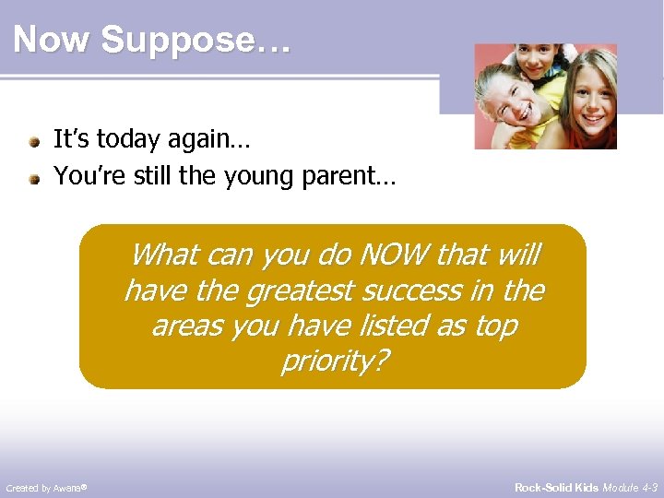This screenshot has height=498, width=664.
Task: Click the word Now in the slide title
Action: point(53,41)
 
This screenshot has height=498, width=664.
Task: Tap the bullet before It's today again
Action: point(34,143)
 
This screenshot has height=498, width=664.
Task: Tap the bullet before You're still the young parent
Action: point(34,177)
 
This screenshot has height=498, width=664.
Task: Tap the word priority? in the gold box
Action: point(333,362)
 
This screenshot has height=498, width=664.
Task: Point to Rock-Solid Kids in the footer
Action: point(556,487)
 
